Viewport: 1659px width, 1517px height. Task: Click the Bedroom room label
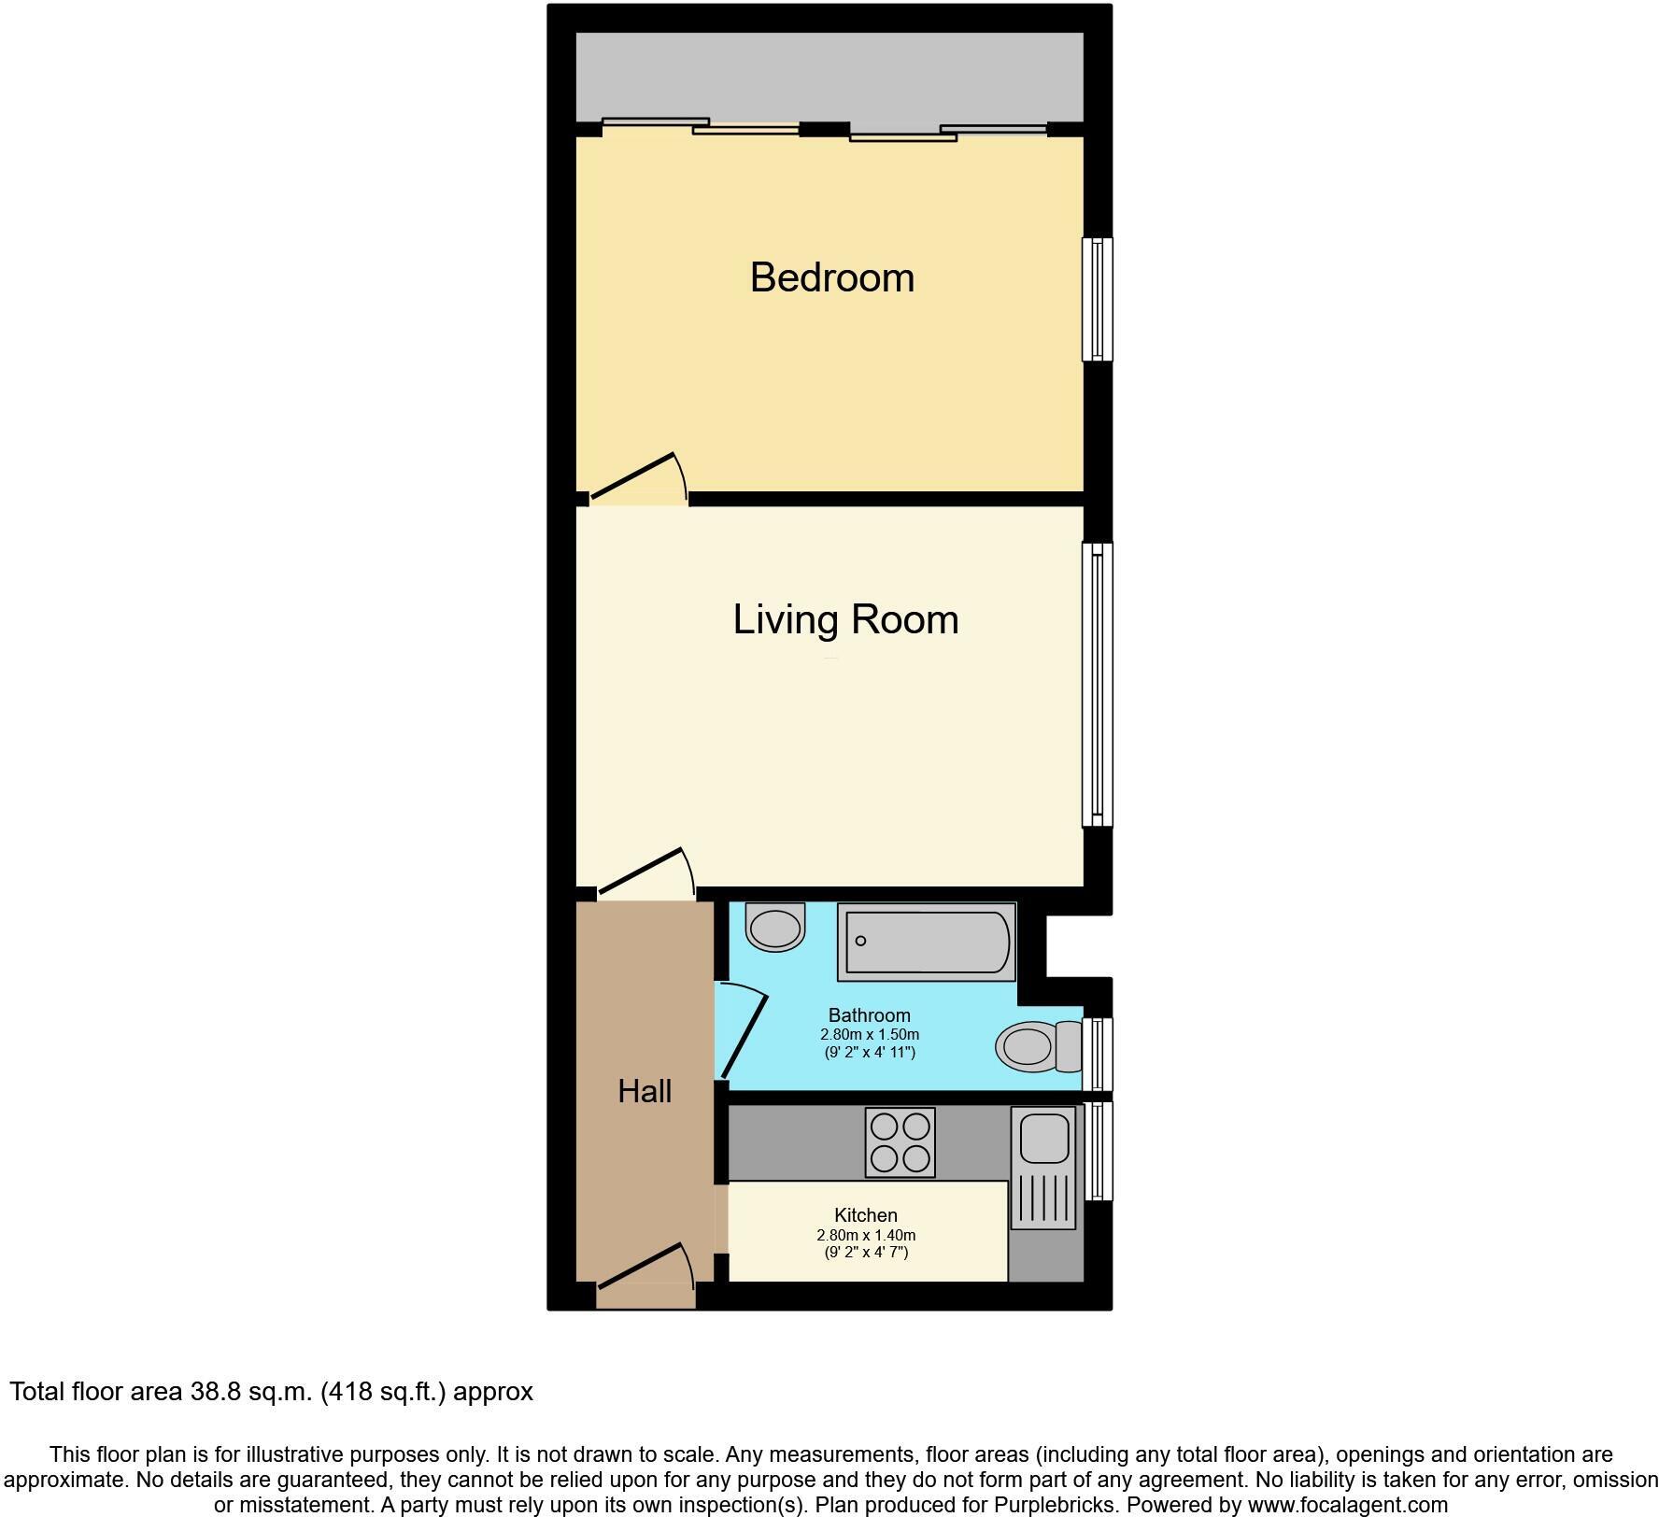click(x=831, y=278)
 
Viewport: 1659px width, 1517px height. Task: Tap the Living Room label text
click(x=845, y=620)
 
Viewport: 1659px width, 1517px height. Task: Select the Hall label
click(x=645, y=1091)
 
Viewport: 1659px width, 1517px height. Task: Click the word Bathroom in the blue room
click(x=869, y=1015)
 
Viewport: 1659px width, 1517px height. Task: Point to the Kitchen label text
click(x=865, y=1215)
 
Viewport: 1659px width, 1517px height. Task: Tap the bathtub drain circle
click(x=860, y=941)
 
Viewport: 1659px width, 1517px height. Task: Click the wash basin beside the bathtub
click(x=775, y=928)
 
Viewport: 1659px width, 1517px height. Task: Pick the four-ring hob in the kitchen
click(x=900, y=1142)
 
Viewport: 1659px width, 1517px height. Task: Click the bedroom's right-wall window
click(x=1098, y=299)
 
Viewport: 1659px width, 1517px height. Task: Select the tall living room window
click(x=1098, y=684)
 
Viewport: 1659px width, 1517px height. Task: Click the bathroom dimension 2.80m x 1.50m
click(x=869, y=1035)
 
